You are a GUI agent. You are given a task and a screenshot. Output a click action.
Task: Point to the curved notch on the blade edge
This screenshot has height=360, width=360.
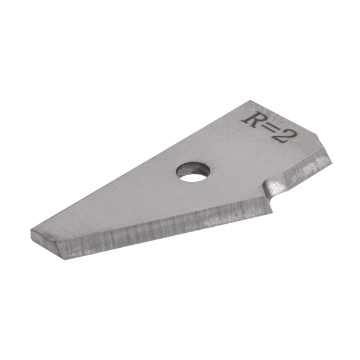tap(274, 188)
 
